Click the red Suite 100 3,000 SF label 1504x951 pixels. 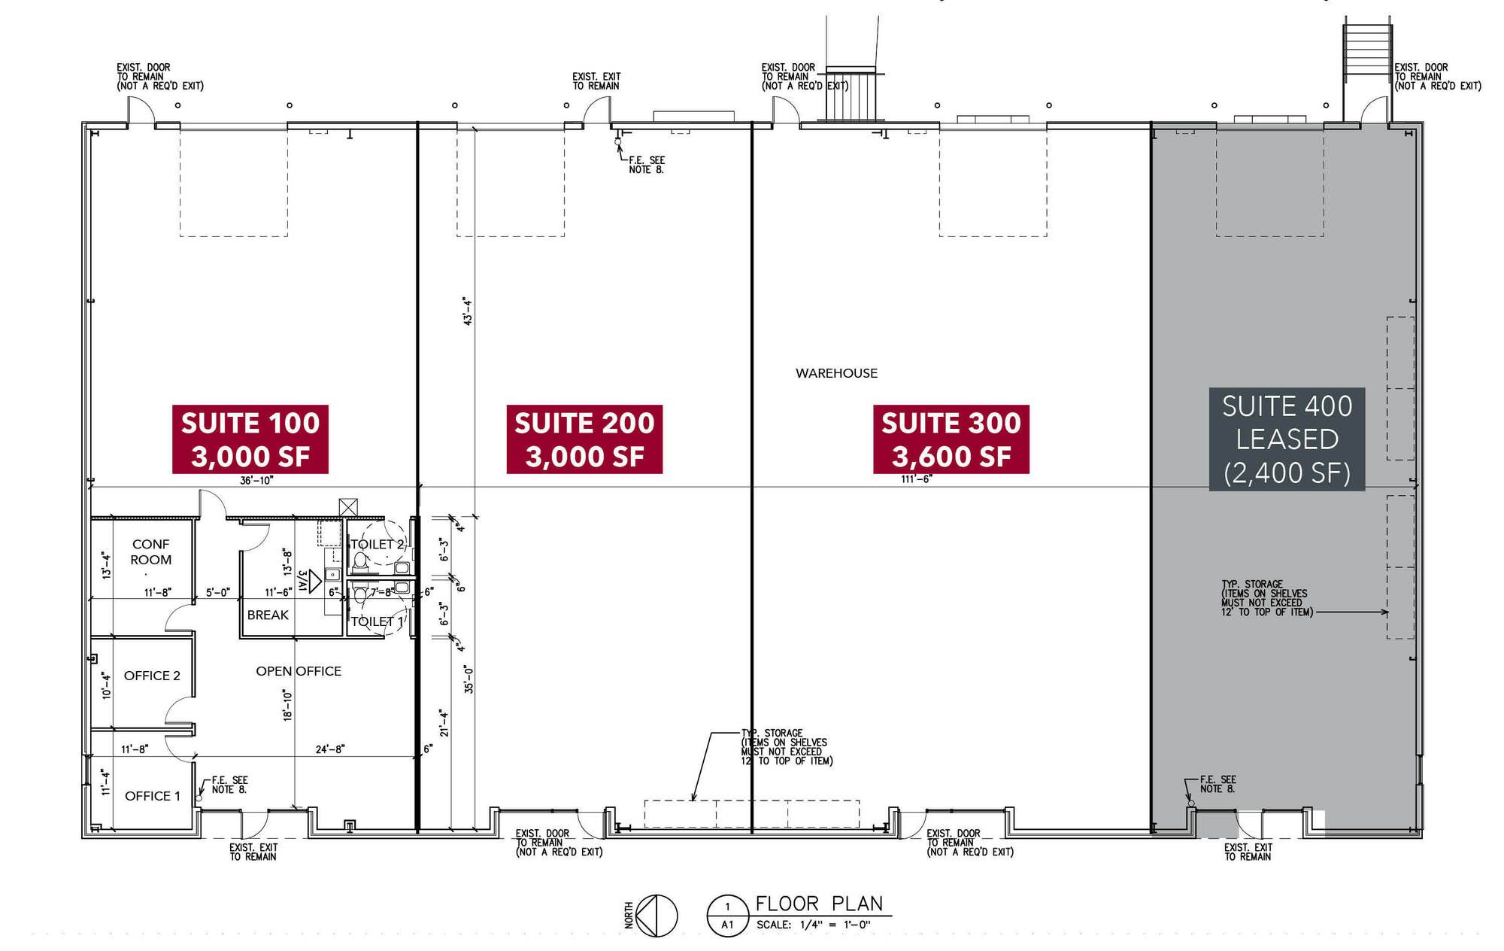coord(250,439)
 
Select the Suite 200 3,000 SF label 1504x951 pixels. coord(584,439)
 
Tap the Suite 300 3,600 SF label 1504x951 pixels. coord(951,439)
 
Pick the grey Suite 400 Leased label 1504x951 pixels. coord(1287,439)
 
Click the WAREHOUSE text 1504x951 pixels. coord(836,373)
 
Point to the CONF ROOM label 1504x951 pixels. coord(150,551)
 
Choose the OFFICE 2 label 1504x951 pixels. coord(152,676)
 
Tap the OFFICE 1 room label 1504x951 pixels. coord(153,796)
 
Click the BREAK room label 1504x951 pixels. coord(268,615)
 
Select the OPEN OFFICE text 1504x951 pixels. coord(299,671)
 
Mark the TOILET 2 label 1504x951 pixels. coord(378,544)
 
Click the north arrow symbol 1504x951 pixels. coord(656,916)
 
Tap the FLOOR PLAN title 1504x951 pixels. coord(819,904)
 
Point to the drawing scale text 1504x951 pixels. coord(813,925)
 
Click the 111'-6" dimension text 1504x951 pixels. coord(917,479)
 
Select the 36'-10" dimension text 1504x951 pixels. coord(256,481)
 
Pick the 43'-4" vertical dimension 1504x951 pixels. coord(468,311)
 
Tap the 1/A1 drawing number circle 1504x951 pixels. coord(727,916)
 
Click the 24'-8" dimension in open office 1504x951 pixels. coord(330,749)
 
